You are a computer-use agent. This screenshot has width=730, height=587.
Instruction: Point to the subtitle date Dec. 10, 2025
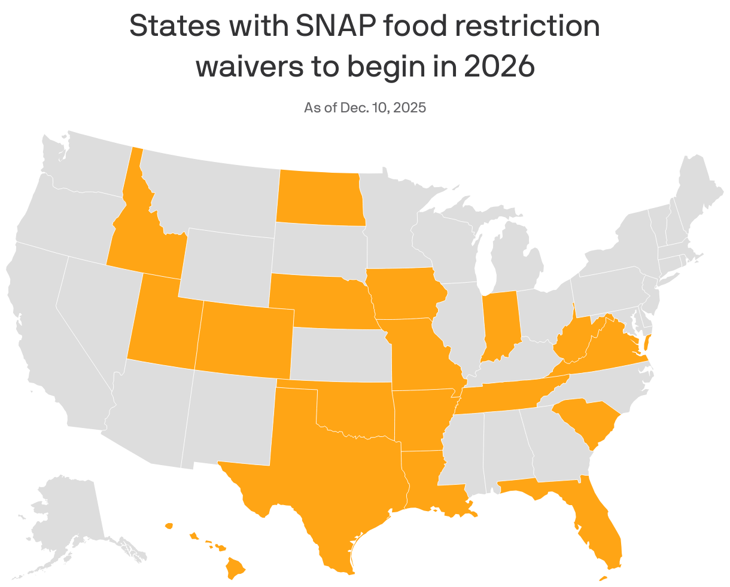(x=383, y=108)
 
